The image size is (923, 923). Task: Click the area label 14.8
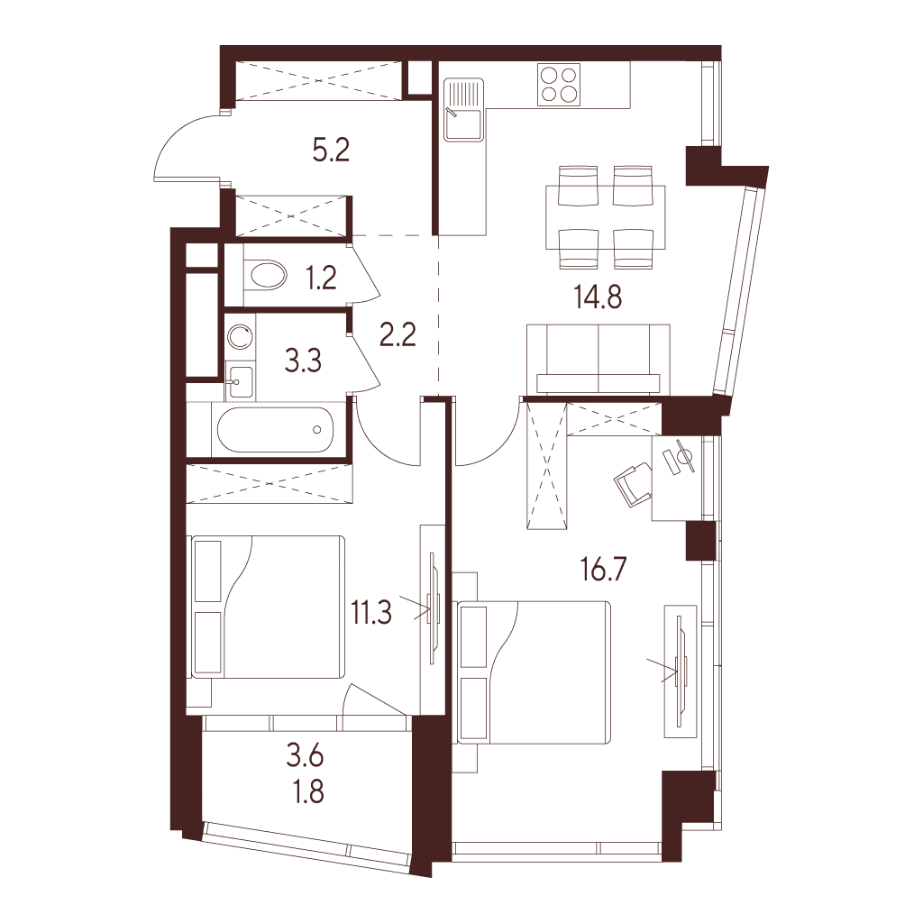click(x=599, y=297)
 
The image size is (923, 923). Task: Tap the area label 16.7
click(x=603, y=570)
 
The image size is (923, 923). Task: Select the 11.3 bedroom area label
click(x=371, y=613)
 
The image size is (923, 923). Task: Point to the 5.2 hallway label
click(x=332, y=151)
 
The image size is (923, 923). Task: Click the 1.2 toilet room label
click(x=322, y=278)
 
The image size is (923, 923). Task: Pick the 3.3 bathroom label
click(x=303, y=361)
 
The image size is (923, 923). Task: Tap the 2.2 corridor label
click(x=398, y=335)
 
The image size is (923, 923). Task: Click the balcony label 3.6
click(x=306, y=757)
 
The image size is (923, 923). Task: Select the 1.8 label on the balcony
click(x=308, y=792)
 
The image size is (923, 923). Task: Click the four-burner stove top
click(x=559, y=85)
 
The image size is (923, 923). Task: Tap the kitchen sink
click(x=463, y=111)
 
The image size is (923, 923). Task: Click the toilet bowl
click(x=264, y=276)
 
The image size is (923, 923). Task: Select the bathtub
click(x=275, y=430)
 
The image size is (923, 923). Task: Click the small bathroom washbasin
click(x=240, y=381)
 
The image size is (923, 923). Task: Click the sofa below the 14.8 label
click(x=604, y=359)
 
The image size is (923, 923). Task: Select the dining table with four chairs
click(x=606, y=218)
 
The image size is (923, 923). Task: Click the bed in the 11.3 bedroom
click(x=268, y=607)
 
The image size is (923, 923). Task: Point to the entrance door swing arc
click(x=174, y=140)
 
